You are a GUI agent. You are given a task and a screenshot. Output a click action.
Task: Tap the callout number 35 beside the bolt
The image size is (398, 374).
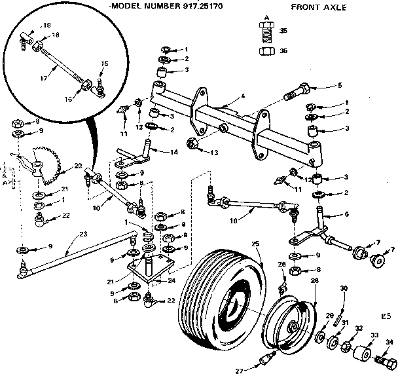point(283,31)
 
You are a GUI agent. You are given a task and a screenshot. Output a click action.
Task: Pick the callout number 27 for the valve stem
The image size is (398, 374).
point(239,369)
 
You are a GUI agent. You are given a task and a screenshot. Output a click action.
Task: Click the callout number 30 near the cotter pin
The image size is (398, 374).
point(343,288)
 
